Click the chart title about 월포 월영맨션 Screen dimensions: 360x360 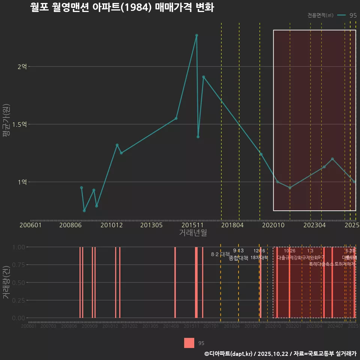[122, 7]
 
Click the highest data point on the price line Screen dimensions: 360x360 [196, 35]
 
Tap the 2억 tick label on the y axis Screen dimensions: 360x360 [22, 67]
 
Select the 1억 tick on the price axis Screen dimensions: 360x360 [22, 182]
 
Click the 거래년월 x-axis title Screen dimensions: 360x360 [193, 232]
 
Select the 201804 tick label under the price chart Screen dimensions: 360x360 [232, 225]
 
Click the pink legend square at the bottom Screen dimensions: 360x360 [189, 343]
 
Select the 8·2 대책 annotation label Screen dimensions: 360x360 [220, 254]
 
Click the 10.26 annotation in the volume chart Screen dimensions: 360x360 [289, 251]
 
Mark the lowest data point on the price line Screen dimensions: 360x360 [84, 211]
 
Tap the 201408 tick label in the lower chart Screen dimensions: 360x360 [171, 326]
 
